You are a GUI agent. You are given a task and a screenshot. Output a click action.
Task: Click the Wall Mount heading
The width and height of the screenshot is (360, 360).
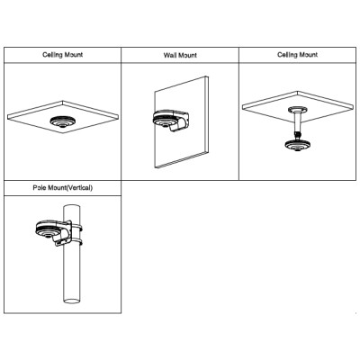pyautogui.click(x=180, y=55)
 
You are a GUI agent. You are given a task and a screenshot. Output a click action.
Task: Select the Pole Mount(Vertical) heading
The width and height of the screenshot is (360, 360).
pyautogui.click(x=63, y=188)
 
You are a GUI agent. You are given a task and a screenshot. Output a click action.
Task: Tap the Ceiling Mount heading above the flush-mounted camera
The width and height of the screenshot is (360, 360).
pyautogui.click(x=62, y=55)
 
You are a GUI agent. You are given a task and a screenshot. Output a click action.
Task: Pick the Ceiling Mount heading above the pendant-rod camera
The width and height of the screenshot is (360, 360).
pyautogui.click(x=297, y=55)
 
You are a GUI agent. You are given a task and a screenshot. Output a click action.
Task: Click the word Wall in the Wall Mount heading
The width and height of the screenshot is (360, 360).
pyautogui.click(x=169, y=55)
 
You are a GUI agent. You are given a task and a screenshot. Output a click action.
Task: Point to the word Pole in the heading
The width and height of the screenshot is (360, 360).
pyautogui.click(x=40, y=188)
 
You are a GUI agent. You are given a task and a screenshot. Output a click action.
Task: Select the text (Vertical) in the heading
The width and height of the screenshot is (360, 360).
pyautogui.click(x=79, y=188)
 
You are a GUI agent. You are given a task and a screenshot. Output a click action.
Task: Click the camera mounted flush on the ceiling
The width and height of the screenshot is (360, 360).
pyautogui.click(x=62, y=121)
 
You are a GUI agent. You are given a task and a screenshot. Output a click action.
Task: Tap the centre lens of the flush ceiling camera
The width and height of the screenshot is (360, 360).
pyautogui.click(x=62, y=125)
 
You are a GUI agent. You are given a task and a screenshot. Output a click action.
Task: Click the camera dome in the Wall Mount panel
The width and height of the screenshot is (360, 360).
pyautogui.click(x=164, y=119)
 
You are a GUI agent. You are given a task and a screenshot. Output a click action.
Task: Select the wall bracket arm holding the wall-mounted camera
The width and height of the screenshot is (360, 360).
pyautogui.click(x=179, y=121)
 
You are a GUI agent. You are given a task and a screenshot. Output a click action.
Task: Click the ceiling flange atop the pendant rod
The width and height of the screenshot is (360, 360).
pyautogui.click(x=298, y=110)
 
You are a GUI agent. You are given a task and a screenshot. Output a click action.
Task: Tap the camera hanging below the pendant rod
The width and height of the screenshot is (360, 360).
pyautogui.click(x=297, y=145)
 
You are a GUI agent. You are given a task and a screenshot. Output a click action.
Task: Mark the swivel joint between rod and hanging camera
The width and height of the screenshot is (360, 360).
pyautogui.click(x=298, y=135)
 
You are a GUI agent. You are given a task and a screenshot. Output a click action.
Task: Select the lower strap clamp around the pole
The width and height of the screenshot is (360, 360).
pyautogui.click(x=76, y=241)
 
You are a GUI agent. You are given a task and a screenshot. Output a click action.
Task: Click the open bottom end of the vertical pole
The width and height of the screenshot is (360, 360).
pyautogui.click(x=72, y=301)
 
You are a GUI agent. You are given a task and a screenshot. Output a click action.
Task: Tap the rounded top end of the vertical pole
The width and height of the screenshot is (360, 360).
pyautogui.click(x=72, y=207)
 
